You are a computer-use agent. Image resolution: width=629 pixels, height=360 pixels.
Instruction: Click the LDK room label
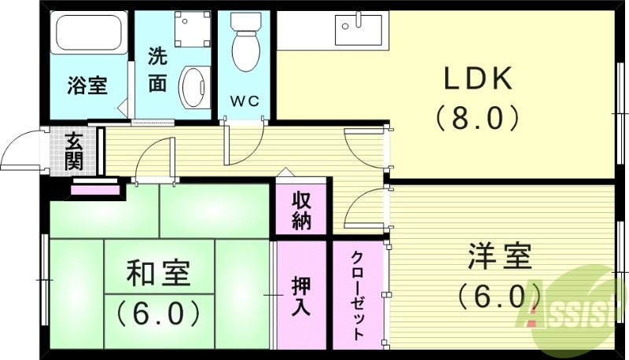[479, 79]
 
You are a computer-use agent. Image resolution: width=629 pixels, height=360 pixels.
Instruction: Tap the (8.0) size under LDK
[478, 118]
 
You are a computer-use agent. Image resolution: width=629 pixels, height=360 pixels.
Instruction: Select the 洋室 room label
[500, 257]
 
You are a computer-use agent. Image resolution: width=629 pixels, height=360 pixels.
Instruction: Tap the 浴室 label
[86, 85]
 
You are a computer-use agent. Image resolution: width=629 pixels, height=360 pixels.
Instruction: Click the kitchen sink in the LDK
[358, 31]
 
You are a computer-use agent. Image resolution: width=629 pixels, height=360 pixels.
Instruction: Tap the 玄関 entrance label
[74, 151]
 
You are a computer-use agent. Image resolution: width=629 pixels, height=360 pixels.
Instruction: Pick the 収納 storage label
[301, 209]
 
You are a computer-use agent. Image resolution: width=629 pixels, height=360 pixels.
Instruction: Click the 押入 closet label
[301, 295]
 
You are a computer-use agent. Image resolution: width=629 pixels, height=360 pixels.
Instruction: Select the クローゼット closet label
[358, 295]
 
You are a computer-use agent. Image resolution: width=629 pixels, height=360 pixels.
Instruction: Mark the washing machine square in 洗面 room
[189, 29]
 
